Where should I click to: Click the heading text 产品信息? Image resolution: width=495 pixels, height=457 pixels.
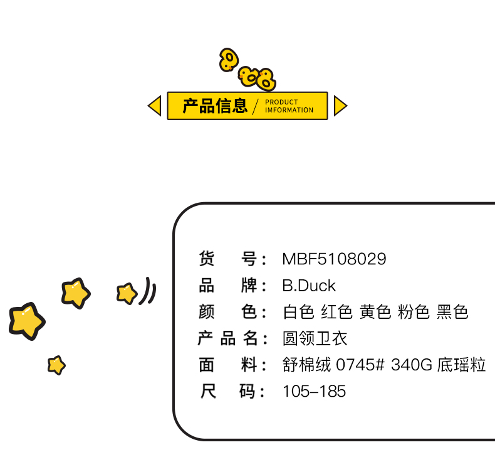point(215,105)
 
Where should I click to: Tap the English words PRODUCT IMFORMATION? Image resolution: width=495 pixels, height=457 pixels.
point(289,106)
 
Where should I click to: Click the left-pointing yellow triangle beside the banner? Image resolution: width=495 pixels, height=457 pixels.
point(155,105)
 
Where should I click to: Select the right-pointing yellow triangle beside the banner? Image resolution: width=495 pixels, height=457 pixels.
point(340,105)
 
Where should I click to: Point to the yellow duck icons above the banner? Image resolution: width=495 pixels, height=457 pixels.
point(247,70)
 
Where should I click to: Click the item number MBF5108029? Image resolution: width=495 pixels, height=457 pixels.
point(334,259)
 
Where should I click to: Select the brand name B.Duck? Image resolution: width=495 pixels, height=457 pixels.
point(309,286)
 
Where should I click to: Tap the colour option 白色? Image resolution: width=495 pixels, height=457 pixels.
point(298,312)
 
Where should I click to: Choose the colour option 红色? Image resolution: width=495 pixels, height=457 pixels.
point(337,312)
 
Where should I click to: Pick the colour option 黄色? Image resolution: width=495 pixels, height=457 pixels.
point(375,312)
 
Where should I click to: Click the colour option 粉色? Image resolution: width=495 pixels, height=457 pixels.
point(414,312)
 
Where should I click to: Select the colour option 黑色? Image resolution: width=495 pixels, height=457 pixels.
point(452,312)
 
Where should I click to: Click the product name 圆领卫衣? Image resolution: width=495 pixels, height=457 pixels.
point(315,339)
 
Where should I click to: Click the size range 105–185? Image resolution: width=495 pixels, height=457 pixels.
point(314,392)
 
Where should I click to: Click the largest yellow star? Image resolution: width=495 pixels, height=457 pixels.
point(26,320)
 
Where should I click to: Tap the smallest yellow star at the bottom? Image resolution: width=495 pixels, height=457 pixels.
point(56,365)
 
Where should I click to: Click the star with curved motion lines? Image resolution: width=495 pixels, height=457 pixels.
point(127,293)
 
